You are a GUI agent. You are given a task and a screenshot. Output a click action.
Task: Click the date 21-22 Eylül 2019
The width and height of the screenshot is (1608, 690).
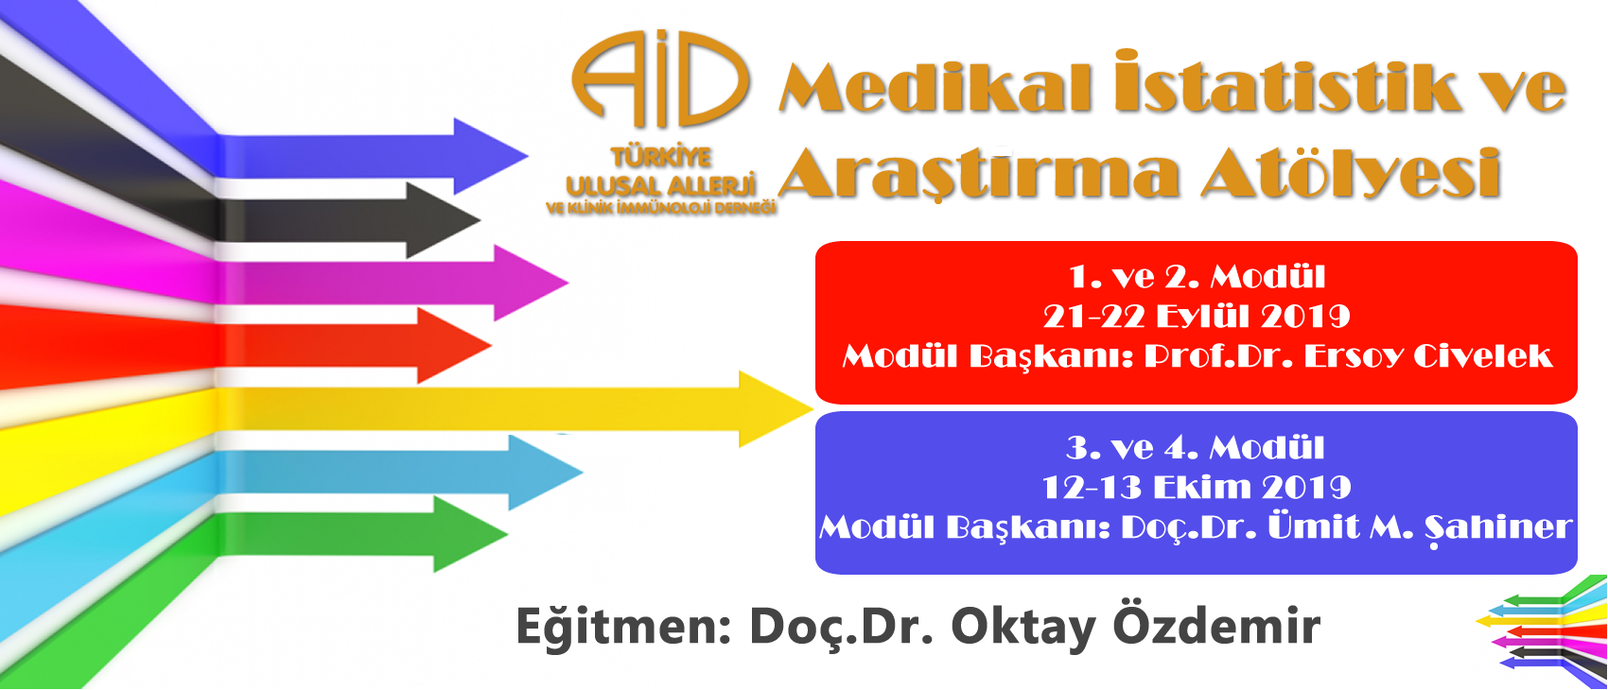click(1197, 317)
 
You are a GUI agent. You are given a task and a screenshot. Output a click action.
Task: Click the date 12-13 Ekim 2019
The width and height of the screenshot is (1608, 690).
click(1197, 488)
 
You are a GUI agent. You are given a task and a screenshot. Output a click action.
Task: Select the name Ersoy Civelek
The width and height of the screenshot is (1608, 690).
click(1428, 356)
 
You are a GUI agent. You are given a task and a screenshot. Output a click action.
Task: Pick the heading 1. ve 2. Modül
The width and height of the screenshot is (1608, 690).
click(1197, 277)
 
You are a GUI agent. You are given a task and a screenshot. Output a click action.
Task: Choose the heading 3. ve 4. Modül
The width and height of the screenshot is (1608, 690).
click(1196, 448)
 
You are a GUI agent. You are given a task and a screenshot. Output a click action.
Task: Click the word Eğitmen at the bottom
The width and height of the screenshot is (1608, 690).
click(618, 627)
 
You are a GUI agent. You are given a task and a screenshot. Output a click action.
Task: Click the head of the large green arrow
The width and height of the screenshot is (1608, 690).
click(471, 534)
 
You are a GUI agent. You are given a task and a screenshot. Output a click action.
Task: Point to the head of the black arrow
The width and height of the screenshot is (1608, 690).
click(443, 220)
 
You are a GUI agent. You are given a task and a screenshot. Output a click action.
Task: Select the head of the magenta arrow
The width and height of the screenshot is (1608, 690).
click(532, 283)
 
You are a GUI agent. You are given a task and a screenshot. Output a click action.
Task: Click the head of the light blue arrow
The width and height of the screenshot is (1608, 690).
click(546, 472)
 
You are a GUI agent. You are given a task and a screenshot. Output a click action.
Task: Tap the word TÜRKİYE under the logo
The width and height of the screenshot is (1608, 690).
click(661, 157)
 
